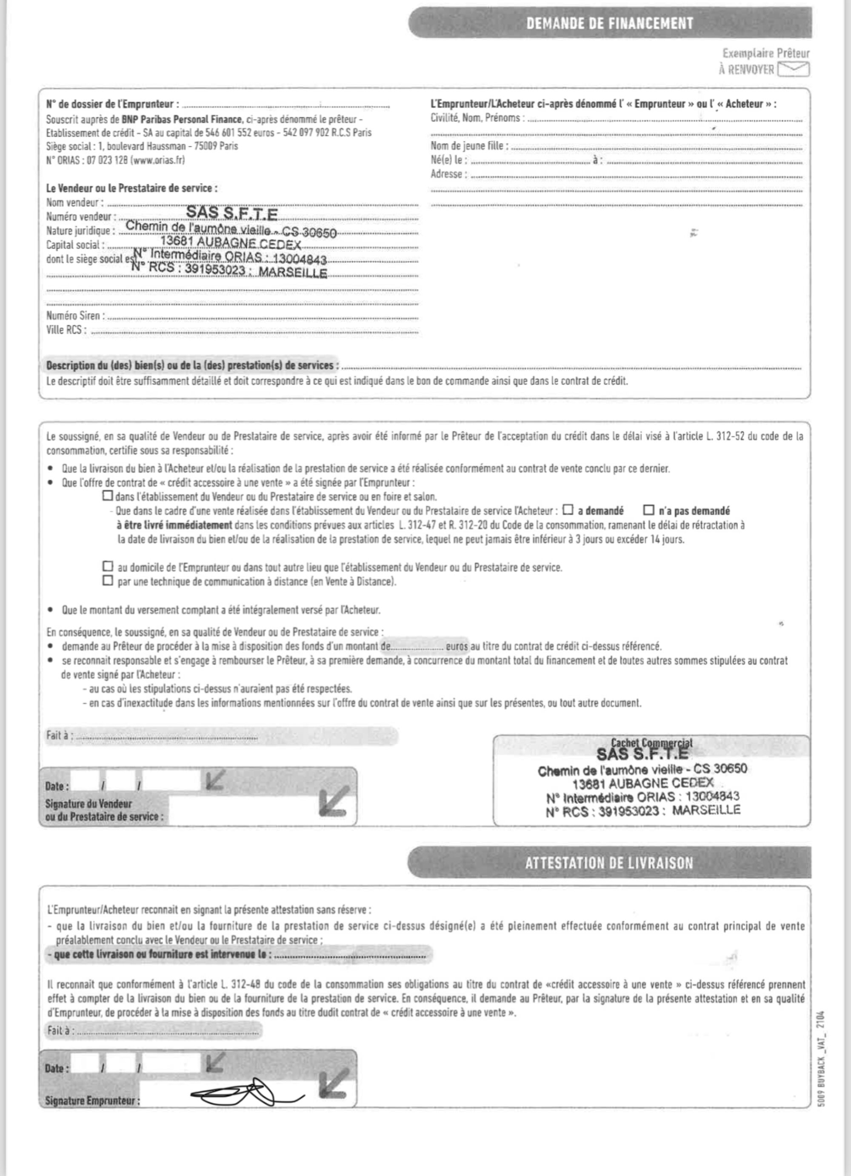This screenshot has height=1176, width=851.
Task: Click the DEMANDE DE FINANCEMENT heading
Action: (x=609, y=24)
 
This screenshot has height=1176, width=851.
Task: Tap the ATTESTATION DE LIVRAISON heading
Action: (x=609, y=863)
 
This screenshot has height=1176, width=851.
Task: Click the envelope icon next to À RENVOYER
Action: (x=794, y=69)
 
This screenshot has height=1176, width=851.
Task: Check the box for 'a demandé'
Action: (x=568, y=510)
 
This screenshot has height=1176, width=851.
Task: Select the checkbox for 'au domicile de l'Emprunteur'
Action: (x=108, y=566)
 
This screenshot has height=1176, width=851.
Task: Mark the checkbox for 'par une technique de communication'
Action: (x=108, y=581)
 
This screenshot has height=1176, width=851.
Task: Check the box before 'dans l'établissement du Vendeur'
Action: (x=108, y=496)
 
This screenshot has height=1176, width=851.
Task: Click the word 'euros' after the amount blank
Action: (x=457, y=647)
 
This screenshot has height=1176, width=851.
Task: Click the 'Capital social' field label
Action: (x=75, y=245)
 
